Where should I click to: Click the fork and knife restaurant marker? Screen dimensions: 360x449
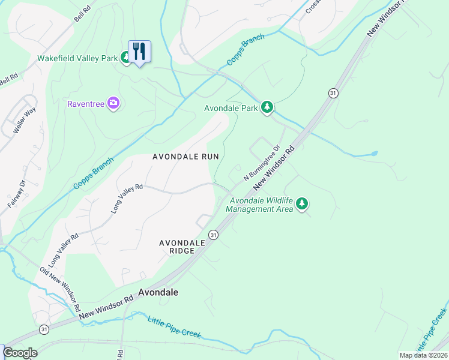(139, 51)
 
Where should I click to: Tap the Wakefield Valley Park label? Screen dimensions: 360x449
(77, 59)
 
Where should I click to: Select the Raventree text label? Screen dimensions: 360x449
(86, 104)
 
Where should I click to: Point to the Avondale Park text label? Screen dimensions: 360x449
(231, 109)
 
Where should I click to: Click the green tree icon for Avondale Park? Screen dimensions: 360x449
(267, 108)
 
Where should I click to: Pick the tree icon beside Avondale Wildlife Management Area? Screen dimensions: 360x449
(303, 205)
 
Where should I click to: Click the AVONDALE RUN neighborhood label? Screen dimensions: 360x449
(185, 156)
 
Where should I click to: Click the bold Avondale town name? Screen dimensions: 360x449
(158, 292)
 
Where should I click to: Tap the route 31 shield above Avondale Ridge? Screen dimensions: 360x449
(213, 234)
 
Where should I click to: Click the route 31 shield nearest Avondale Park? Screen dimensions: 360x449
(333, 92)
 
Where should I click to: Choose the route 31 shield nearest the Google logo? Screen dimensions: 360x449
(44, 330)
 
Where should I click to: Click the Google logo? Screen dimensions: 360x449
(20, 353)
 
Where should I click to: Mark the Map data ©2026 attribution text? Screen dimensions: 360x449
(423, 355)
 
